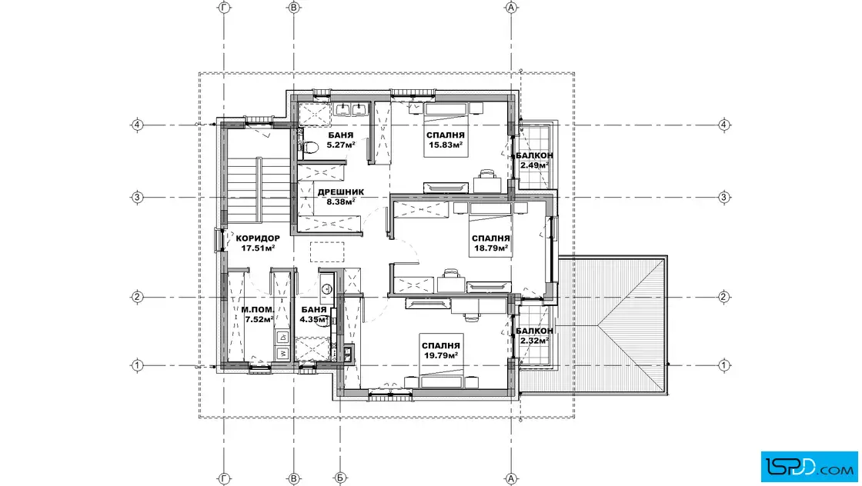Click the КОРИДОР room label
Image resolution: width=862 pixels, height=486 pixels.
pos(258,238)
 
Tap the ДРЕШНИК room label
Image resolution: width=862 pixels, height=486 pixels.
pos(341,192)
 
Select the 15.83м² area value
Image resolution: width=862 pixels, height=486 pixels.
pos(446,145)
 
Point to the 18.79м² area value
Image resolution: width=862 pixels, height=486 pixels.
pos(491,248)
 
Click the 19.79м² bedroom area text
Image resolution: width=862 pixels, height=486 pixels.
pos(441,355)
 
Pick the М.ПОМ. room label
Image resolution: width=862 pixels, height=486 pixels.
pos(257,310)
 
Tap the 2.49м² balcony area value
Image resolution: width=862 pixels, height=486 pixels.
pos(534,165)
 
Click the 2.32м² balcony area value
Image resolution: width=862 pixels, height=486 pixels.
pos(534,341)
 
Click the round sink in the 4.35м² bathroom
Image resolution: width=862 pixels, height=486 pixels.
pos(327,288)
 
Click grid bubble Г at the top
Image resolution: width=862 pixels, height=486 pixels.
pos(224,8)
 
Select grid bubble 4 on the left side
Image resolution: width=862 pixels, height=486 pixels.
pos(138,125)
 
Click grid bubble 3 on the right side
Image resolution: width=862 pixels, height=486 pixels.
pos(724,197)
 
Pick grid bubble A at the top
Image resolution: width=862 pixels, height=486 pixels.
pos(511,8)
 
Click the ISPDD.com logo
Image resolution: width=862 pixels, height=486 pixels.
pos(809,467)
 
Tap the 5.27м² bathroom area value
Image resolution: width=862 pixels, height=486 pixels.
pos(341,145)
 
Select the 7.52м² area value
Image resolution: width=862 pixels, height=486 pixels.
pos(259,319)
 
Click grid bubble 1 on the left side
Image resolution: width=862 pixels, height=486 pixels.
pos(138,365)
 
